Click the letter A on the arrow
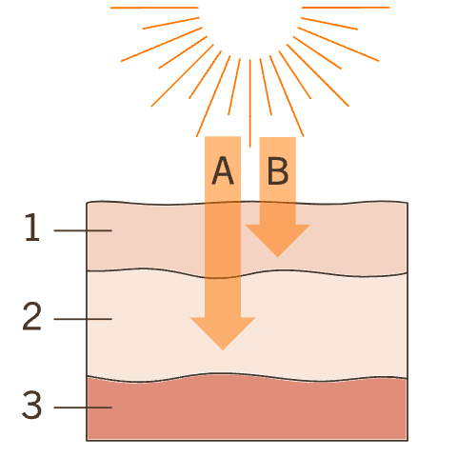(223, 170)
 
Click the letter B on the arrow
(278, 170)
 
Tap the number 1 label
(32, 227)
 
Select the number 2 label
(31, 316)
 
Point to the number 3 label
(31, 405)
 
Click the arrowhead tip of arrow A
(223, 350)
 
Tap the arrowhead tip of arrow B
(278, 257)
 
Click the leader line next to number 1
(83, 230)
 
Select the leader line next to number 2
(83, 319)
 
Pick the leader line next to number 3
(83, 407)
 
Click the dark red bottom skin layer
(247, 409)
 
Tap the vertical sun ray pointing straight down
(250, 104)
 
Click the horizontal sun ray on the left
(154, 8)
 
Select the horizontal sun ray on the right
(346, 8)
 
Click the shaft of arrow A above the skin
(223, 169)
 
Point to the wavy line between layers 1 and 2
(247, 273)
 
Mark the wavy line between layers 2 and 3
(247, 377)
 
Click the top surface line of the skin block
(247, 203)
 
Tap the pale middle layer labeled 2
(317, 326)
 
